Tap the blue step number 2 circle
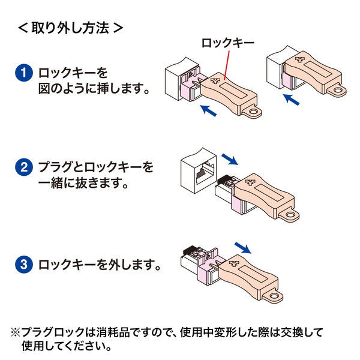[23, 167]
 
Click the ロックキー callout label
[226, 43]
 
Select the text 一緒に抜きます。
[83, 182]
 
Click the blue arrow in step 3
[242, 247]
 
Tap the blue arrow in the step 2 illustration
[229, 158]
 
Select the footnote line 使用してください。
[67, 346]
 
